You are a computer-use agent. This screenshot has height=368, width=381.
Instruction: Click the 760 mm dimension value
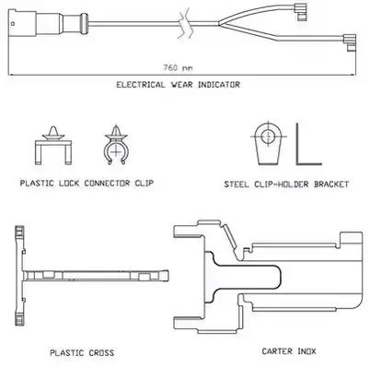coord(178,67)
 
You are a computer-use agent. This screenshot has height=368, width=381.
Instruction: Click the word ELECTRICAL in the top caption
coord(141,85)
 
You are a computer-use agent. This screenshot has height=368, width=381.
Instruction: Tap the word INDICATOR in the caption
coord(219,85)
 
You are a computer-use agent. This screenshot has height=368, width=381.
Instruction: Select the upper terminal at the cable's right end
coord(300,12)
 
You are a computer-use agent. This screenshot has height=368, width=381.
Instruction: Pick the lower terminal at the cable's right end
coord(350,42)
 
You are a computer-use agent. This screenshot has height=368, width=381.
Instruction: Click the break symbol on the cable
coord(185,24)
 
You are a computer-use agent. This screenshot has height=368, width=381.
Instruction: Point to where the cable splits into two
coord(219,23)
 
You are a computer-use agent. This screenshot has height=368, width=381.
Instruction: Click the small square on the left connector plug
coord(12,23)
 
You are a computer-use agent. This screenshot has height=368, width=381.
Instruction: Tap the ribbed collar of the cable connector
coord(84,23)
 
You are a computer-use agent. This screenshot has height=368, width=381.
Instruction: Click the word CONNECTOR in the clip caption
coord(107,184)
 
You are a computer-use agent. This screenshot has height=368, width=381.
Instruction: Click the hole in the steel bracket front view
coord(269,136)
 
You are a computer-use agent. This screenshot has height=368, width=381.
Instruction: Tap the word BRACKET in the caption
coord(331,184)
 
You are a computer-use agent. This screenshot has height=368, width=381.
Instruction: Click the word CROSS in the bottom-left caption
coord(101,352)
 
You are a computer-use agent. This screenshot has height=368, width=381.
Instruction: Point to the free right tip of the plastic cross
coord(167,276)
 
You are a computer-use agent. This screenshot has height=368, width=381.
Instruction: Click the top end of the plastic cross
coord(19,228)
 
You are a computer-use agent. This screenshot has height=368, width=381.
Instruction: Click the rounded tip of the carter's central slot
coord(280,277)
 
